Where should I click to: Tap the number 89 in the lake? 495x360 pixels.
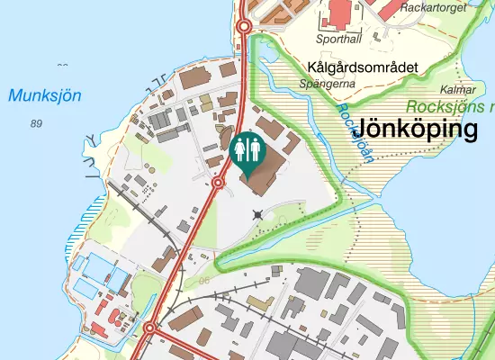point(36,123)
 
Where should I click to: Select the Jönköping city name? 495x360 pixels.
point(417,130)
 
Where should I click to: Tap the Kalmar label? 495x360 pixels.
point(457,90)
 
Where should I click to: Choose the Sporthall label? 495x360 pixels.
point(337,39)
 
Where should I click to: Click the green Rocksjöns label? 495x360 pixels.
point(450,106)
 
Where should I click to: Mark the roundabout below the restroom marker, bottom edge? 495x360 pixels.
point(150,330)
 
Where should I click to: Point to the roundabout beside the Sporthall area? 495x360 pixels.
point(243,27)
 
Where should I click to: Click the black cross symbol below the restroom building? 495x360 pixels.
point(259,214)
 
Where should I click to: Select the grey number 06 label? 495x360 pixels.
point(204,282)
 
